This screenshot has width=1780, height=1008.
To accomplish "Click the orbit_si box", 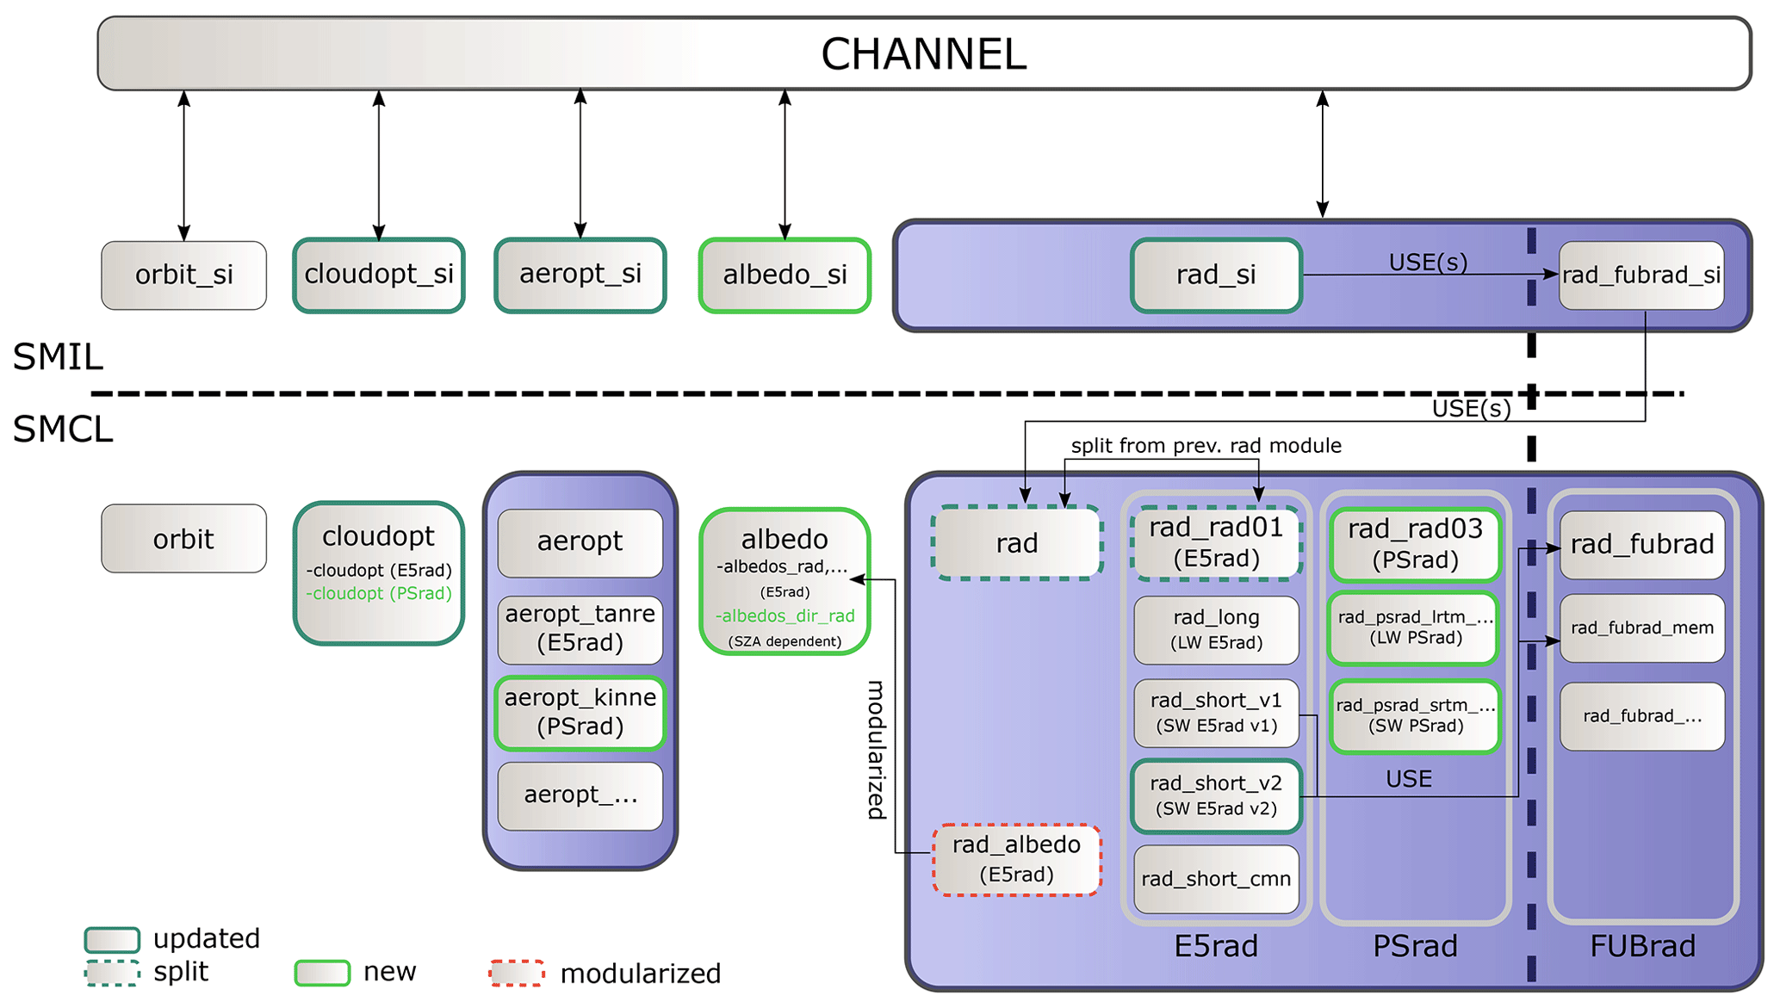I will point(183,275).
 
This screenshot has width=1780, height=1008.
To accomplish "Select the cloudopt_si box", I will point(379,275).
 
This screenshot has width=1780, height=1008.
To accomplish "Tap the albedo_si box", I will point(785,275).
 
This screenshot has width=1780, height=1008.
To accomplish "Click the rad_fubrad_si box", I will point(1641,275).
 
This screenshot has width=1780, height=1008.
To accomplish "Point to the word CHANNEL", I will point(924,54).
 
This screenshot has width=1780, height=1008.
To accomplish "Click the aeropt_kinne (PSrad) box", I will point(580,712).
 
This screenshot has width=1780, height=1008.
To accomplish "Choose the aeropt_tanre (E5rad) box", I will point(580,628).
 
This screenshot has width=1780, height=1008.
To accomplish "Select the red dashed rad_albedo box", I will point(1017,859).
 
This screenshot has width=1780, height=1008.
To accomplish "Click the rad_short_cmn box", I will point(1216,879).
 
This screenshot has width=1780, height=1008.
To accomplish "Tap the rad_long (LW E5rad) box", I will point(1216,629).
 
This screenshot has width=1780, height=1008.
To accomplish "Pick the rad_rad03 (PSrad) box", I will point(1415,544).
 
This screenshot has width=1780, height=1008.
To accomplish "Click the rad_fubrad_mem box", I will point(1641,628).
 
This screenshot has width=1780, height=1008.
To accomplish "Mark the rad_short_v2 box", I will point(1216,795).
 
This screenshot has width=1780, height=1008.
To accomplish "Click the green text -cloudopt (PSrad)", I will point(379,594).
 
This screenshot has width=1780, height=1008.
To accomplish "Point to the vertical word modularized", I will point(876,749).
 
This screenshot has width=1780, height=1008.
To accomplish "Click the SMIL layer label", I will point(58,356).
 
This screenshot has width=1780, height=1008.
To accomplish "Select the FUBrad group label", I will point(1641,946).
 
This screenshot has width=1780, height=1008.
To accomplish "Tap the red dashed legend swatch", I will point(517,973).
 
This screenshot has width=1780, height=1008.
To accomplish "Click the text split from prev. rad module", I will point(1206,446).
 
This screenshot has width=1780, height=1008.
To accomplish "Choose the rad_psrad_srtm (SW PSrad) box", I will point(1415,715).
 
